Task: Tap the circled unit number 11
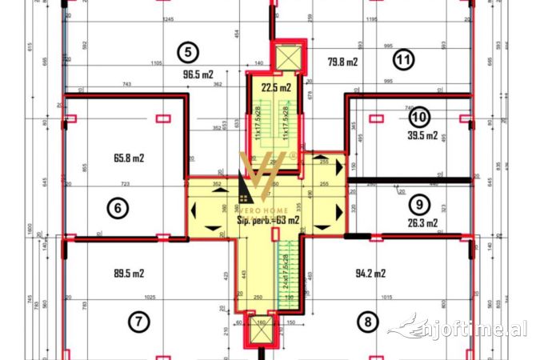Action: pos(404,58)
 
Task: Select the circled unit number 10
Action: pos(418,117)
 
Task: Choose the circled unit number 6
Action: pos(118,208)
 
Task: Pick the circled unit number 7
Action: pos(138,322)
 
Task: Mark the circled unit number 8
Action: pos(367,322)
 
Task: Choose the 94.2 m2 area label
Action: pos(370,273)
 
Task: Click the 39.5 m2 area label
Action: pos(423,136)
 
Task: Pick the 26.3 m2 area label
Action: pos(422,223)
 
